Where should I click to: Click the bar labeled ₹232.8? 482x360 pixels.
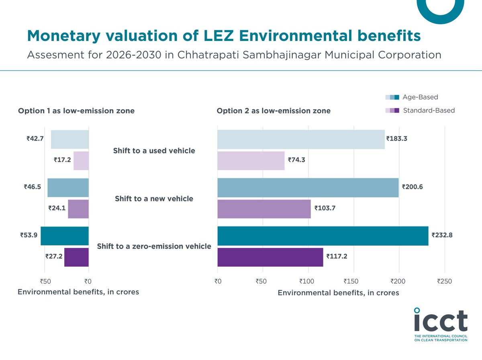click(x=323, y=236)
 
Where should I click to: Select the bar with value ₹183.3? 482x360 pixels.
click(x=301, y=139)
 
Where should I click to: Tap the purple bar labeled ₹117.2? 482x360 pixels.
click(x=270, y=257)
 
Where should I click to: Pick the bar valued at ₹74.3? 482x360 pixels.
click(x=251, y=161)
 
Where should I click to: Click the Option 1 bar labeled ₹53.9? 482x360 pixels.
click(x=64, y=236)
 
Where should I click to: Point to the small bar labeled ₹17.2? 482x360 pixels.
click(x=81, y=161)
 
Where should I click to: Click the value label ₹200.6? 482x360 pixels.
click(x=413, y=187)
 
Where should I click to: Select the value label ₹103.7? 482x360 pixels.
click(x=325, y=208)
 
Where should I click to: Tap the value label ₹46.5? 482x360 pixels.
click(x=32, y=187)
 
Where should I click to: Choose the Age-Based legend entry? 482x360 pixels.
click(x=420, y=97)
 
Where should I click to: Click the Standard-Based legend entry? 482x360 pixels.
click(x=428, y=110)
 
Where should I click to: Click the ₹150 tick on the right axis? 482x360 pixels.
click(x=353, y=282)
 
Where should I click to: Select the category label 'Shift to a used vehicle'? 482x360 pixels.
click(x=154, y=151)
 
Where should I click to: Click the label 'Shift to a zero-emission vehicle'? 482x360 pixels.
click(x=154, y=246)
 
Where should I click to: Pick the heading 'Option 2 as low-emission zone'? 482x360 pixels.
click(x=274, y=111)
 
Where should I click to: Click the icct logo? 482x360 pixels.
click(x=441, y=325)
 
